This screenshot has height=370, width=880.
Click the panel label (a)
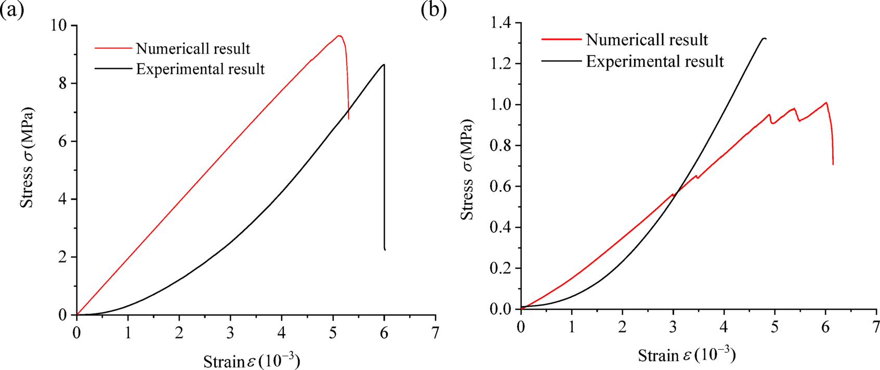pos(12,9)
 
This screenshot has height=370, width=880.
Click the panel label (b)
pos(434,9)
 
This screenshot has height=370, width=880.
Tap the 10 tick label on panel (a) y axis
pos(61,25)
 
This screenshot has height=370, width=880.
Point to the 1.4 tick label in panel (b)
pos(498,23)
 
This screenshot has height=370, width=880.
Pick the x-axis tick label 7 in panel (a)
pos(435,333)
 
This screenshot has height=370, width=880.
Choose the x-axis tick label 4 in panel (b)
pos(724,327)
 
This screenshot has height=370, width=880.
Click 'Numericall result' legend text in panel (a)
pos(193,49)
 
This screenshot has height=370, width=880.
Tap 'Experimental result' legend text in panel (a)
pos(200,69)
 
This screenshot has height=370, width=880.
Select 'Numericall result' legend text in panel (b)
pos(647,39)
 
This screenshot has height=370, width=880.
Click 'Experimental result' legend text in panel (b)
pos(655,61)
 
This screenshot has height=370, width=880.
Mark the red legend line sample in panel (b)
pos(561,39)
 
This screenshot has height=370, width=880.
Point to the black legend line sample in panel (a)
pos(113,69)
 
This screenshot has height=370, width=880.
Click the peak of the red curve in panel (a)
pos(339,35)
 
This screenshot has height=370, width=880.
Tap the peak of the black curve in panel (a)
pos(384,64)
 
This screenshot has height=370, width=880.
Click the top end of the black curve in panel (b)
pos(764,38)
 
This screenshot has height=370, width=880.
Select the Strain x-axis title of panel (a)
pos(252,361)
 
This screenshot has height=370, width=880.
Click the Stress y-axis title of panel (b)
pos(467,169)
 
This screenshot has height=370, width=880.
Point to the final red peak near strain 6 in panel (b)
pos(825,102)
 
